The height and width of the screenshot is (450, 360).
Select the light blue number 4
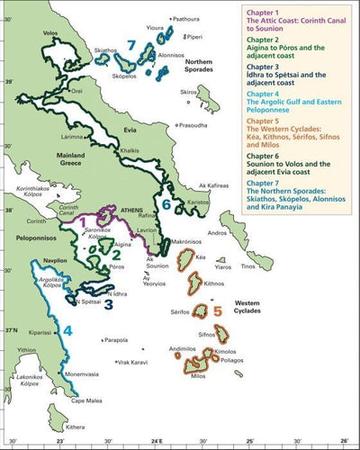click(x=66, y=330)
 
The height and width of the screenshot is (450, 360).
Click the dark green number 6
click(x=166, y=204)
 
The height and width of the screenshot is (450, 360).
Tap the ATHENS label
click(x=133, y=209)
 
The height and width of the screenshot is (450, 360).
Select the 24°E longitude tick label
click(x=156, y=443)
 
